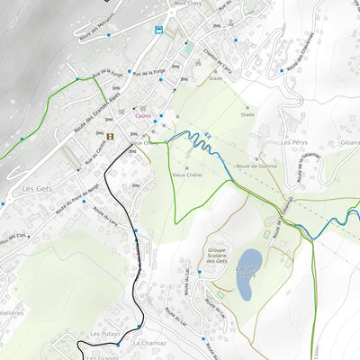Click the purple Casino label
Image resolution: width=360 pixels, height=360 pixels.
[144, 116]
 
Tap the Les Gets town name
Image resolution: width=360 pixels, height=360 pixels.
[40, 189]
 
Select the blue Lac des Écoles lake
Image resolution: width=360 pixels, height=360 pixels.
[249, 274]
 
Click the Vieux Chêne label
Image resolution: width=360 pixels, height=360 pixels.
[187, 175]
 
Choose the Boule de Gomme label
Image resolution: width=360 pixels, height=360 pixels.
[256, 166]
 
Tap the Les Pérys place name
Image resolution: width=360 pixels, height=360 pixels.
[294, 142]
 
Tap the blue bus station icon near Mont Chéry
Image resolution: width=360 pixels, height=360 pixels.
[158, 30]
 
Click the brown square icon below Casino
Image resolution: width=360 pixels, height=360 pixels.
[110, 136]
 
